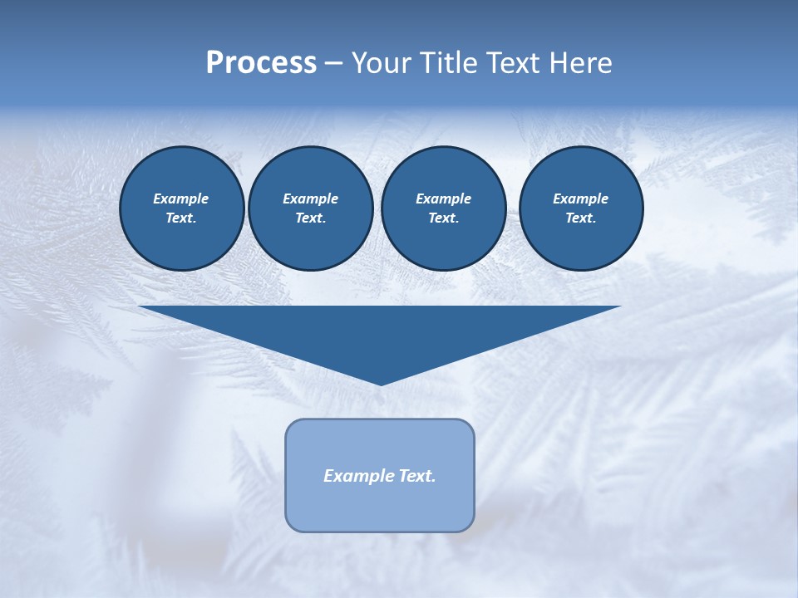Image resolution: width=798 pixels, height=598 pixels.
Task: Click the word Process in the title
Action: (x=261, y=63)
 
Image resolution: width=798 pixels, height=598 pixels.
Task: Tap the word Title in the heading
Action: (x=451, y=63)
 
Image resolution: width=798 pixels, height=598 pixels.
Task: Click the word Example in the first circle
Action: (x=181, y=199)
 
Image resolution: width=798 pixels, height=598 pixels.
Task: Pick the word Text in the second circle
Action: (x=310, y=218)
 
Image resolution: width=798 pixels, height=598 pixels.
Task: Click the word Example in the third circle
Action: (x=443, y=199)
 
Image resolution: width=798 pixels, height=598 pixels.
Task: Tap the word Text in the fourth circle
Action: (x=580, y=218)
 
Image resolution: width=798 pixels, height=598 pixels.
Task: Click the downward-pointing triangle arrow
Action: (x=380, y=332)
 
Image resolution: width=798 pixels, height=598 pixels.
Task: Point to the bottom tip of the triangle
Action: (x=381, y=383)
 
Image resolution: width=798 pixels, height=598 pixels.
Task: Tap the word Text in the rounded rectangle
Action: (x=417, y=476)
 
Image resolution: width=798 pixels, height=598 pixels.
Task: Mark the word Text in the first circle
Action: (x=181, y=218)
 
